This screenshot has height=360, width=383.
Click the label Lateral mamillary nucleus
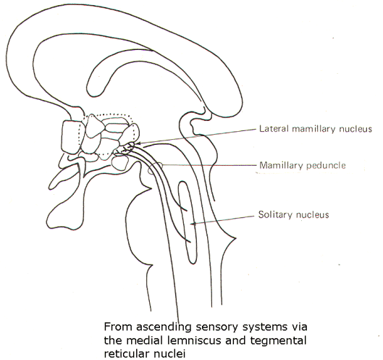316,128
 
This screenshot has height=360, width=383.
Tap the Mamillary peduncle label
303,165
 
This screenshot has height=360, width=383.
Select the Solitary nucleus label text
294,214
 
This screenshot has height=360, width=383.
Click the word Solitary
275,214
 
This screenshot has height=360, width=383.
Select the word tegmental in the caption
277,341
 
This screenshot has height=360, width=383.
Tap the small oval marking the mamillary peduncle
156,169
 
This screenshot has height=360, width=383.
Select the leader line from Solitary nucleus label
223,219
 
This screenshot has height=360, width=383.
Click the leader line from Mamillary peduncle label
209,165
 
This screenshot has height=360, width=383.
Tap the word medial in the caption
143,340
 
